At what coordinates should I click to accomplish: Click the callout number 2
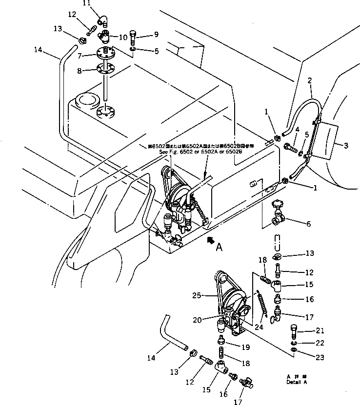coord(309,80)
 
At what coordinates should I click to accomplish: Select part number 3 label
coord(345,145)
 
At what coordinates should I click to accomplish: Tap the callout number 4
coord(297,129)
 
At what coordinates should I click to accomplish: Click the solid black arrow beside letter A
coord(210,239)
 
